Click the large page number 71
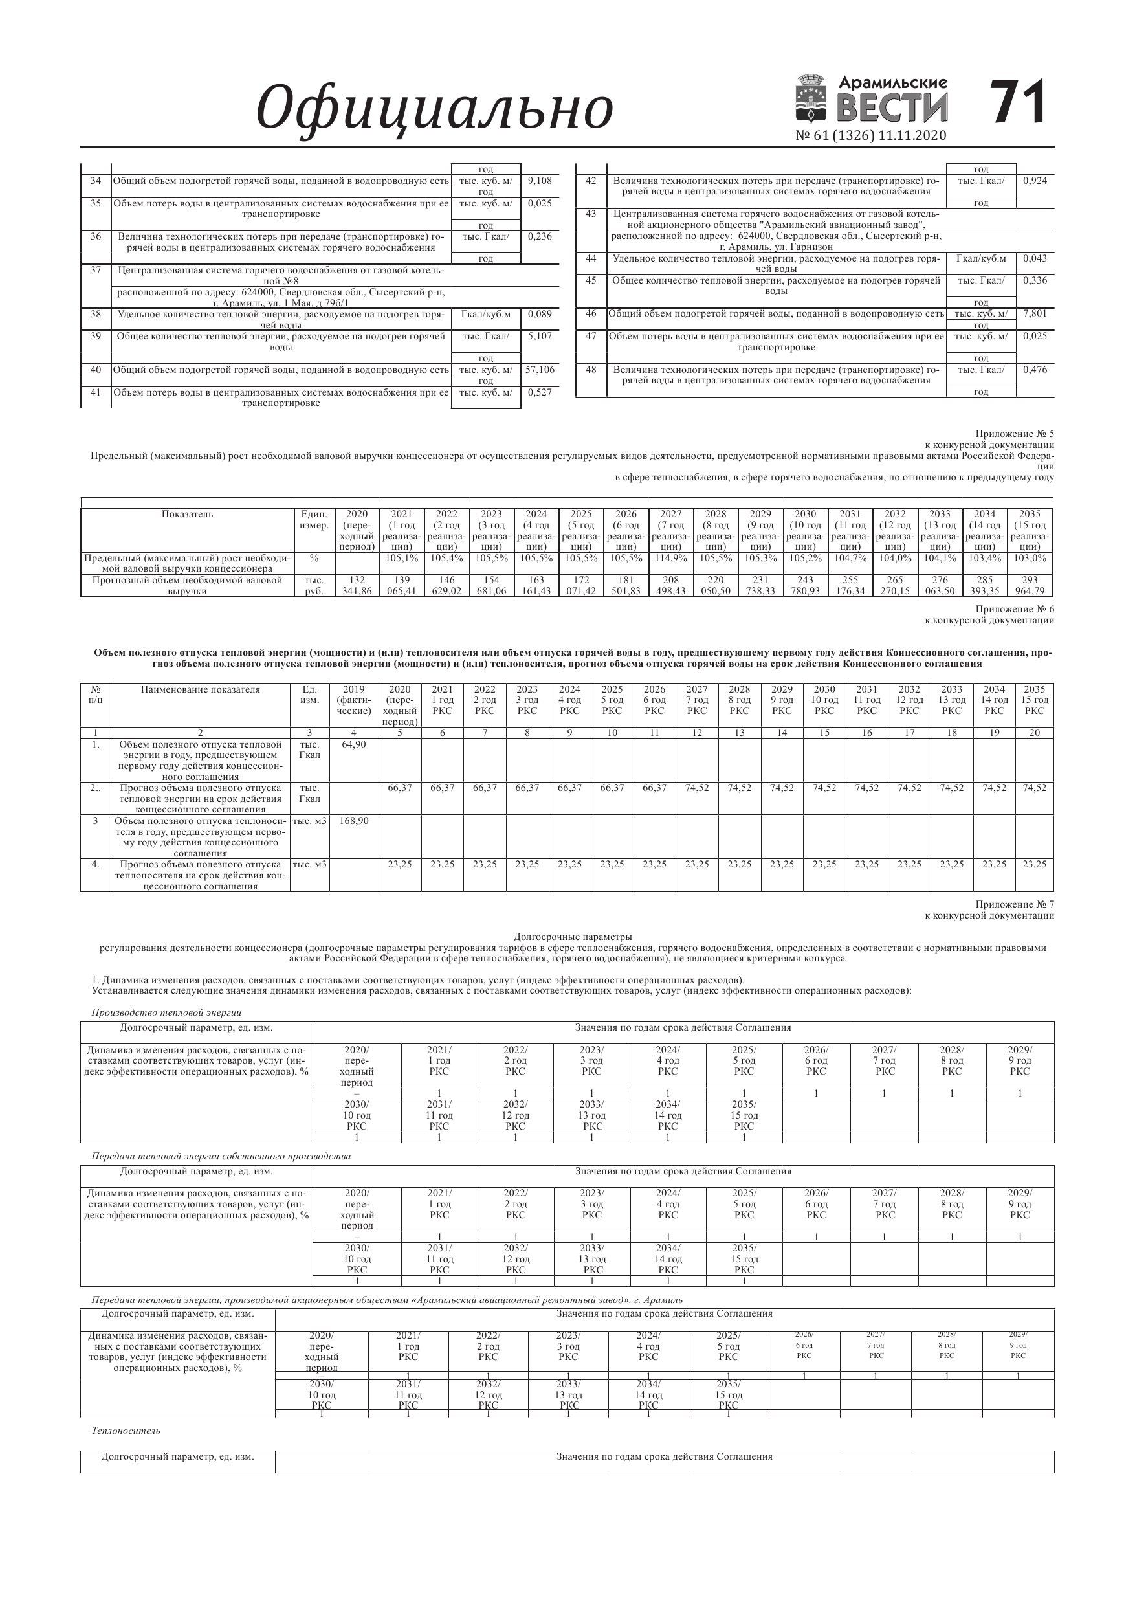[x=1019, y=102]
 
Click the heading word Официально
[x=434, y=108]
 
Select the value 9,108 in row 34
[x=540, y=181]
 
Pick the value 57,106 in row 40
[x=540, y=370]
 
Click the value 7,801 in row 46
[x=1035, y=313]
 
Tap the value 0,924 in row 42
[x=1035, y=181]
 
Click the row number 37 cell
[x=96, y=270]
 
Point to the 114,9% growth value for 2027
[x=670, y=558]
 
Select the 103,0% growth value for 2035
[x=1030, y=558]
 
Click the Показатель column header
[x=187, y=514]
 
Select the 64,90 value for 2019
[x=354, y=744]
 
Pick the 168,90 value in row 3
[x=354, y=821]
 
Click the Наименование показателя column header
[x=200, y=689]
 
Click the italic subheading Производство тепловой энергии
[x=166, y=1012]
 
